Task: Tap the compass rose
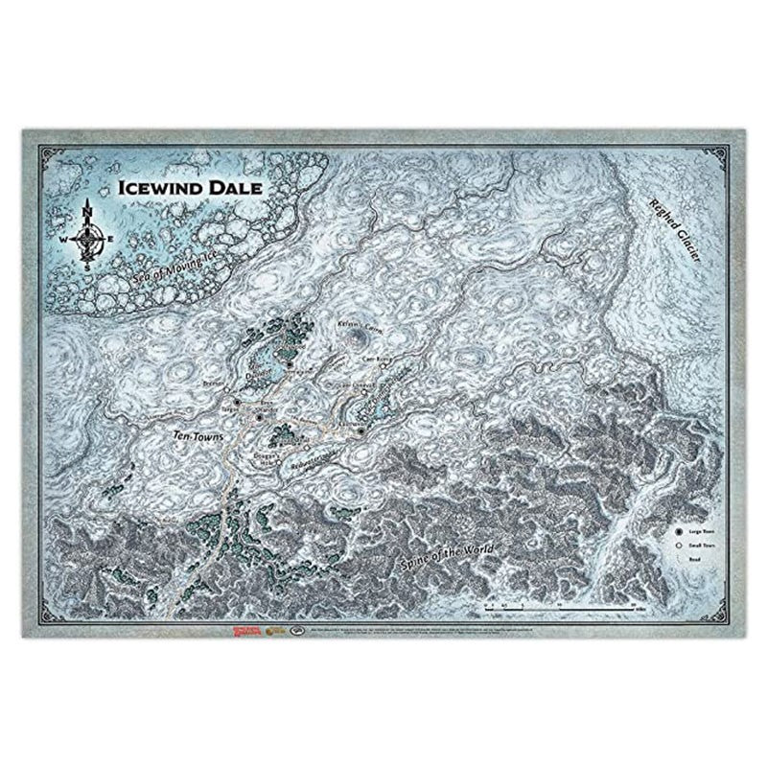(x=88, y=234)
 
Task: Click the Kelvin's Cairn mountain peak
(x=362, y=336)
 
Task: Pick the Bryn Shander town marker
(x=261, y=417)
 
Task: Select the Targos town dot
(x=237, y=401)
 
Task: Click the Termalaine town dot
(x=288, y=364)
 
